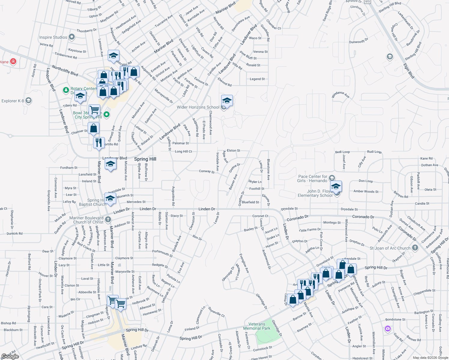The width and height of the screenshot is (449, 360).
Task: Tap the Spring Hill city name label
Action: tap(145, 159)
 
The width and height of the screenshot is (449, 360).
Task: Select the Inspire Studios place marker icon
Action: tap(71, 37)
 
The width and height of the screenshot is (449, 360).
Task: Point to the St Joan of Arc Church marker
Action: tap(415, 248)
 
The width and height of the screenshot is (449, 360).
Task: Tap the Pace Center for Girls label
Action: tap(312, 178)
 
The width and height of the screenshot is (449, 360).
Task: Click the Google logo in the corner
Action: tap(10, 356)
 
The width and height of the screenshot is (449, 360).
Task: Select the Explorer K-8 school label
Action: tap(13, 101)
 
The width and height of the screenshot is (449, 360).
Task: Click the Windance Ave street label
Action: tap(340, 94)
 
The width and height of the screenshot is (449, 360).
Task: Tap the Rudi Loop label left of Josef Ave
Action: tap(342, 152)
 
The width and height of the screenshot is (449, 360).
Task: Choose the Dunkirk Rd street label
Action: tap(14, 233)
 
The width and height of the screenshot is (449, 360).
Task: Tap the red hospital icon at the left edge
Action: tap(13, 61)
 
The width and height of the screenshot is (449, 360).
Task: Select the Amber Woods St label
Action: tap(366, 191)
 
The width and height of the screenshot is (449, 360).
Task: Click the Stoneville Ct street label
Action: tap(216, 312)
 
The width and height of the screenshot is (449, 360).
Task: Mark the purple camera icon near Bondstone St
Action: tap(388, 329)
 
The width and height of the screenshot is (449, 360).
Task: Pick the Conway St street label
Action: tap(207, 172)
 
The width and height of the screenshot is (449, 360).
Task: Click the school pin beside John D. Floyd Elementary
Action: tap(336, 187)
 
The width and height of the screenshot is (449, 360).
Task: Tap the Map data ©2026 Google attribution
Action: tap(430, 358)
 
